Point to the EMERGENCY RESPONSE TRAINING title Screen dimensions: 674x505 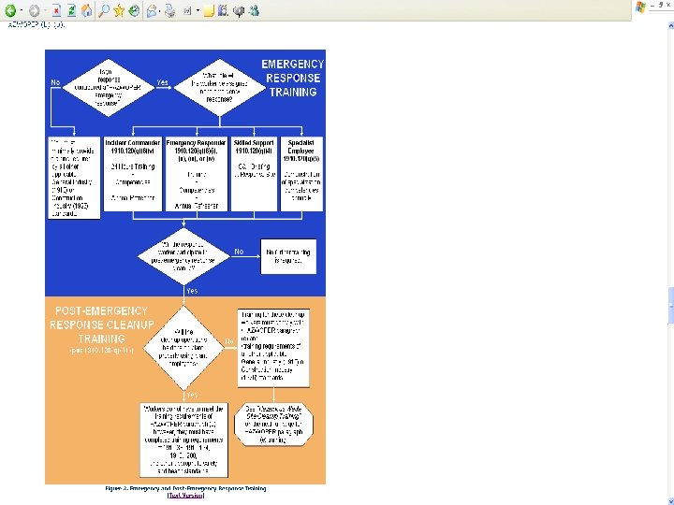(x=291, y=79)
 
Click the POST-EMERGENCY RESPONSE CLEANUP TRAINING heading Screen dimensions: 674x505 (x=101, y=325)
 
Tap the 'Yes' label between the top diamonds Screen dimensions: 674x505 (x=163, y=82)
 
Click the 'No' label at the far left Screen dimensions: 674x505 (x=55, y=82)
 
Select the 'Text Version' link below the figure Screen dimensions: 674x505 (x=184, y=495)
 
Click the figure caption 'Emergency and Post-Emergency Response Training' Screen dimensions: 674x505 (x=184, y=487)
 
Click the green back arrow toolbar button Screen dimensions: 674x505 (x=10, y=10)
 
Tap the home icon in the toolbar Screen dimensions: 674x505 (x=86, y=10)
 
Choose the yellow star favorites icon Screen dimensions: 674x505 (x=119, y=10)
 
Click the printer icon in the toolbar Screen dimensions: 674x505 (x=170, y=10)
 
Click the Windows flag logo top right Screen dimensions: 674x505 (x=640, y=7)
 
